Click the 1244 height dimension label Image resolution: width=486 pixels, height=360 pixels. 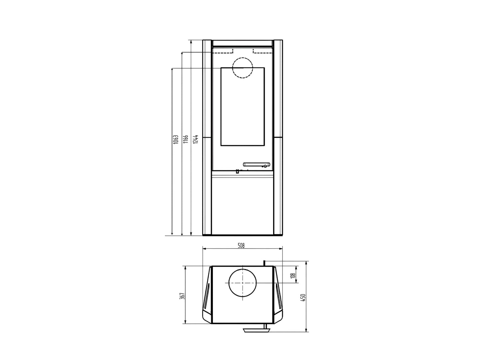[x=196, y=139]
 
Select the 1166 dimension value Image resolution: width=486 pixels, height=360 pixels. [x=186, y=139]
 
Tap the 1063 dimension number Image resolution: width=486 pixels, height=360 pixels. [x=176, y=139]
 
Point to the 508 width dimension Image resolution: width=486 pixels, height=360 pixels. [x=241, y=246]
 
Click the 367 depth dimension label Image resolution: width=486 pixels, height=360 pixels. [x=183, y=296]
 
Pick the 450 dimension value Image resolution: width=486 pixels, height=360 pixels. [x=303, y=298]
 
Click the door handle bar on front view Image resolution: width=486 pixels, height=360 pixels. [x=257, y=164]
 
